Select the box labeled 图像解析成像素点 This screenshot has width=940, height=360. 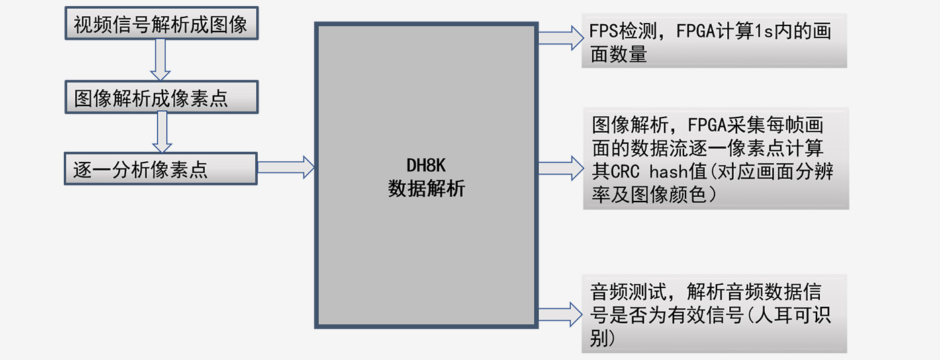coord(161,98)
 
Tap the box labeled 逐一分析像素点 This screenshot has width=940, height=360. coord(161,169)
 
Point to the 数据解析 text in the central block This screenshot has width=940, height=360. coord(426,189)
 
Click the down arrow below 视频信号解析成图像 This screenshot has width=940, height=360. coord(160,60)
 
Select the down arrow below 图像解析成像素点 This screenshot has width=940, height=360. coord(160,132)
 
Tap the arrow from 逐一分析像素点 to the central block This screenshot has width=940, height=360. coord(286,167)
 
